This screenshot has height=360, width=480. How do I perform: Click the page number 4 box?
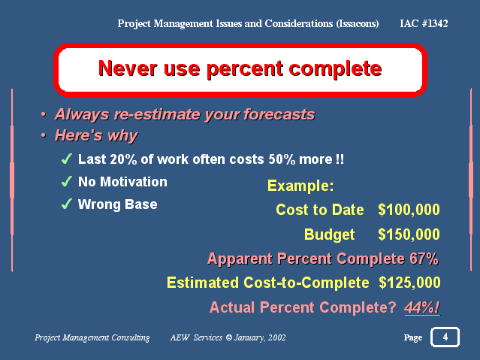click(445, 337)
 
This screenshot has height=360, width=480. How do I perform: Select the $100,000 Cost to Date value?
click(409, 210)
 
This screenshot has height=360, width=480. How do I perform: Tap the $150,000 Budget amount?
click(409, 234)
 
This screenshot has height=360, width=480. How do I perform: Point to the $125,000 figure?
click(409, 283)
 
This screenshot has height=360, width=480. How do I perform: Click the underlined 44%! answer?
click(422, 307)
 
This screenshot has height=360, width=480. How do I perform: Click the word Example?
click(300, 186)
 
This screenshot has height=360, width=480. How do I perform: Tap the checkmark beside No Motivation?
click(67, 181)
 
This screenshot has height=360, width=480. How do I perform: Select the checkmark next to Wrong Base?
click(67, 204)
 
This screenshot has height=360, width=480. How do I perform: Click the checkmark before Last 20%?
click(67, 159)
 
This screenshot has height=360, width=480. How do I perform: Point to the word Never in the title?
click(128, 68)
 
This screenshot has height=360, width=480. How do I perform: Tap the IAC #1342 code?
click(424, 23)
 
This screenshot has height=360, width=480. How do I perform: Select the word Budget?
click(329, 235)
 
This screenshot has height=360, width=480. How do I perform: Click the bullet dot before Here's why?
click(44, 135)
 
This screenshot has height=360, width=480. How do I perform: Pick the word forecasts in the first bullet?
click(279, 115)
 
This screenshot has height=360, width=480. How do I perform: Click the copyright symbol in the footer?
click(228, 337)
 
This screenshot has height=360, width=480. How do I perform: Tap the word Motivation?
click(134, 182)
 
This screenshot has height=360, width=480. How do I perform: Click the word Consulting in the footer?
click(131, 337)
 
